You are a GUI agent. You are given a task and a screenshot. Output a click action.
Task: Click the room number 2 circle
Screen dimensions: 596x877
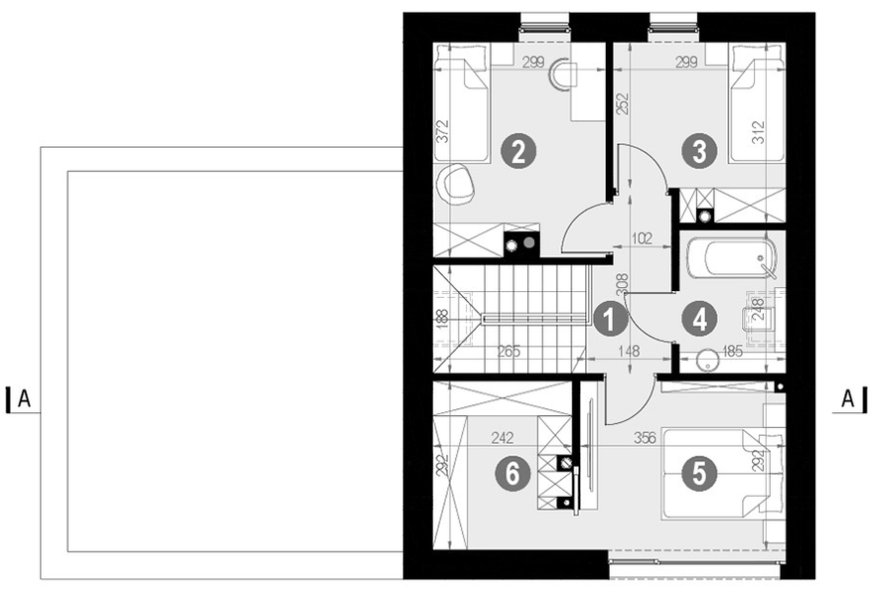(518, 152)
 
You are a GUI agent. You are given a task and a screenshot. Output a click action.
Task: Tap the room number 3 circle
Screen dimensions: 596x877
(700, 152)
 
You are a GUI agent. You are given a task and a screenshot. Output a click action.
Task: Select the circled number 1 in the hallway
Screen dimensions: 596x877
(607, 319)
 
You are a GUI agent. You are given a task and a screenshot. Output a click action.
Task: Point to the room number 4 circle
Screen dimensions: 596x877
(700, 319)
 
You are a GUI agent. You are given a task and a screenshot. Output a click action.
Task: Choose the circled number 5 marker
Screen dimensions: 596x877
(700, 474)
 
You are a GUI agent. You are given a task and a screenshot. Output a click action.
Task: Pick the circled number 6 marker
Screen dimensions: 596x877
(512, 474)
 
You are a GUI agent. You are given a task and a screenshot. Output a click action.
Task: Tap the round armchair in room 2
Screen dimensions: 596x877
(457, 183)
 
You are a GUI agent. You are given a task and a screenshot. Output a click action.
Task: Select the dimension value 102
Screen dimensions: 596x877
(642, 237)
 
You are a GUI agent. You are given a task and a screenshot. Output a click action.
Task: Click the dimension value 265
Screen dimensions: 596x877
(509, 350)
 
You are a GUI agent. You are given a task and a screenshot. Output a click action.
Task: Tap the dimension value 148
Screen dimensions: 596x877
(629, 350)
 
